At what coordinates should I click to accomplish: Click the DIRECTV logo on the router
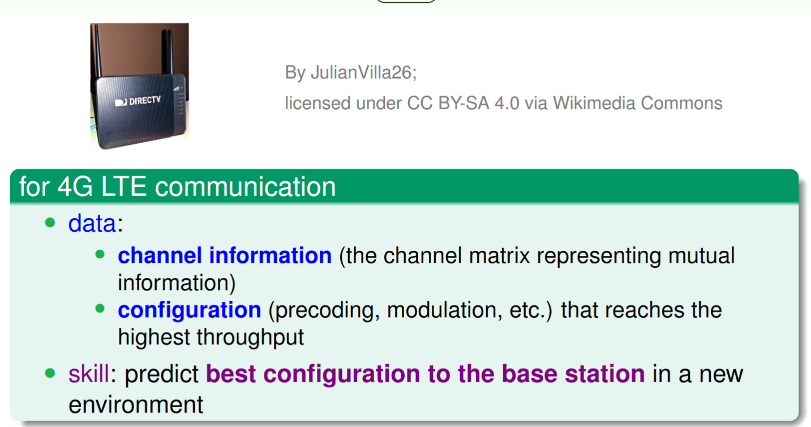pos(138,101)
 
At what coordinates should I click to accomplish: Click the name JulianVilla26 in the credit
pos(363,72)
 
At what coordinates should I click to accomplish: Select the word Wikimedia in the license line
pos(594,103)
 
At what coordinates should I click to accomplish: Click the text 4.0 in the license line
pos(507,103)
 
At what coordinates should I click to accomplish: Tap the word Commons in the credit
pos(681,103)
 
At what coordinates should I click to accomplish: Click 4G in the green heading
pos(75,186)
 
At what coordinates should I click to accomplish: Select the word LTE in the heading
pos(123,186)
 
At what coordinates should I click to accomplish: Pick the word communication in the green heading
pos(246,187)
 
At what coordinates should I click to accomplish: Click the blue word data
pos(92,223)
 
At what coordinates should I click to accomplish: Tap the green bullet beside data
pos(50,223)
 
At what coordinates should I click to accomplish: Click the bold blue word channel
pos(160,255)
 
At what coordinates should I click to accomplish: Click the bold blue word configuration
pos(190,310)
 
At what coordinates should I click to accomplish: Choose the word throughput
pos(250,338)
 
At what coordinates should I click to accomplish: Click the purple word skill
pos(89,374)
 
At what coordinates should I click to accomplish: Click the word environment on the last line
pos(136,404)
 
